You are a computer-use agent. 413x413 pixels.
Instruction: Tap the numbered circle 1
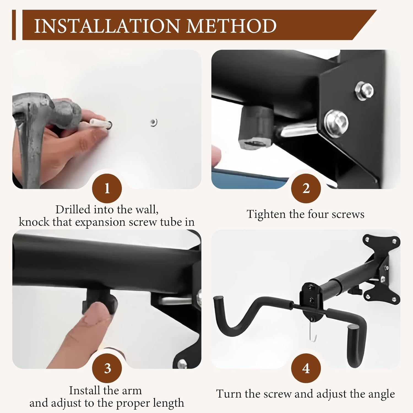pos(107,189)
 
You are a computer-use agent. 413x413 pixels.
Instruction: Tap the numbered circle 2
pos(306,189)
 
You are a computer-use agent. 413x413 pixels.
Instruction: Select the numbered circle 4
pos(306,368)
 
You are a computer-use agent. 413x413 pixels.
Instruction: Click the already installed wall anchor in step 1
pos(154,122)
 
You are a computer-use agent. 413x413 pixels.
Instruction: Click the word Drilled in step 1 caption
pos(73,210)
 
